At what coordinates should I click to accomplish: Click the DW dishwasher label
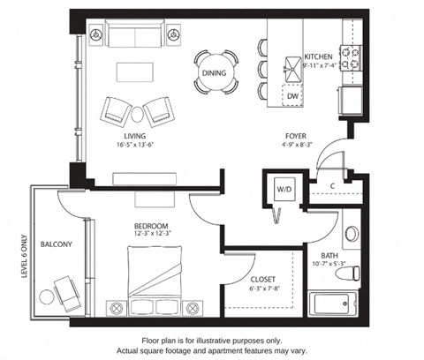point(292,96)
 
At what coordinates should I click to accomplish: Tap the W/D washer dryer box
point(284,189)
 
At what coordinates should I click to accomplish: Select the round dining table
point(215,72)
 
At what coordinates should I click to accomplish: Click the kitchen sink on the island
point(292,68)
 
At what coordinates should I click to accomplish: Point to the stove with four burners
point(351,58)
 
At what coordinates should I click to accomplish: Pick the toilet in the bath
point(348,274)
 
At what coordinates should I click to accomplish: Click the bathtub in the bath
point(332,304)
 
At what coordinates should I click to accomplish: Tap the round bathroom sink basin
point(351,234)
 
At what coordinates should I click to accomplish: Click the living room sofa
point(135,34)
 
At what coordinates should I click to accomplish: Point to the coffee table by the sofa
point(135,72)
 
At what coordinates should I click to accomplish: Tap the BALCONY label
point(57,244)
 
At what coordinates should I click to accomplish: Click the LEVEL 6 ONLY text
point(25,256)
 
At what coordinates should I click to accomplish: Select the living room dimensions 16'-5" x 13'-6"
point(135,145)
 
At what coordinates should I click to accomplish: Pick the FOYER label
point(296,136)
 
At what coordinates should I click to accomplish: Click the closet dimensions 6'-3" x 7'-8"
point(264,289)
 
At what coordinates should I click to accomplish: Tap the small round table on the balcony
point(47,297)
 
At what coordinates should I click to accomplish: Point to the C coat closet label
point(333,186)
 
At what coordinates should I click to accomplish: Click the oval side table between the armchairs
point(137,115)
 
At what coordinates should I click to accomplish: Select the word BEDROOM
point(151,226)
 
